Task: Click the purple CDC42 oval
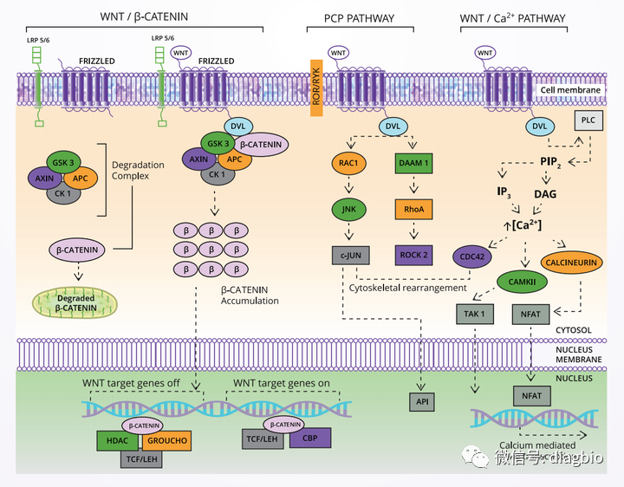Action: [473, 256]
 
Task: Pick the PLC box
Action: [588, 120]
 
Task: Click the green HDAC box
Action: [117, 440]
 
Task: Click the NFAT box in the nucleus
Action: [530, 395]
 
